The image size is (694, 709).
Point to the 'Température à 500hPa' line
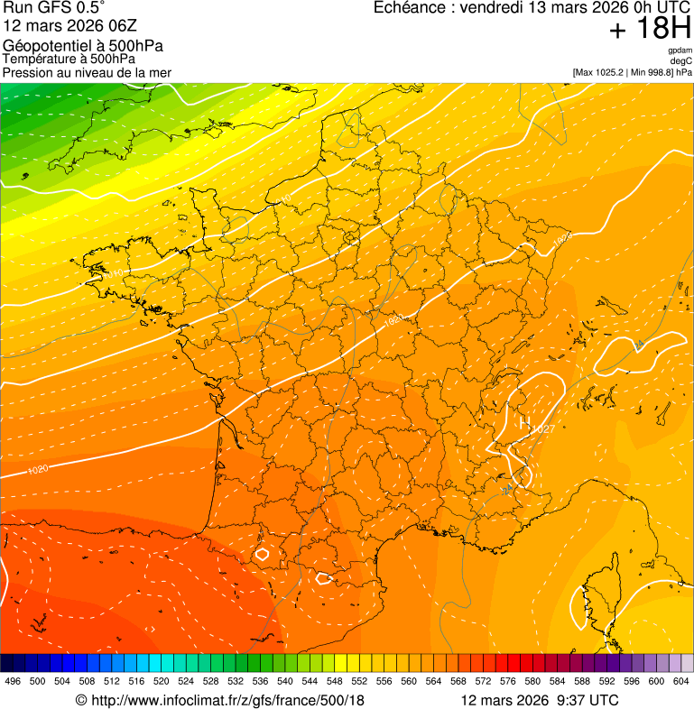[x=69, y=59]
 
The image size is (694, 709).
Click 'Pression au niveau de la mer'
[x=87, y=72]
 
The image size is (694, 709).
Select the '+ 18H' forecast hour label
[x=650, y=29]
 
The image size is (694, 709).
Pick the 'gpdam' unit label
[x=680, y=51]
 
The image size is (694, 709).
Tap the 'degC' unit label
[x=681, y=60]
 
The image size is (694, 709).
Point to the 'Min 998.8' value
[x=652, y=71]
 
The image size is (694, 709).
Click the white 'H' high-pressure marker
[x=523, y=419]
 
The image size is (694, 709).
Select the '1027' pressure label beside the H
[x=543, y=428]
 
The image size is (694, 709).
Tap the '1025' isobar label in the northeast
[x=562, y=239]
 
